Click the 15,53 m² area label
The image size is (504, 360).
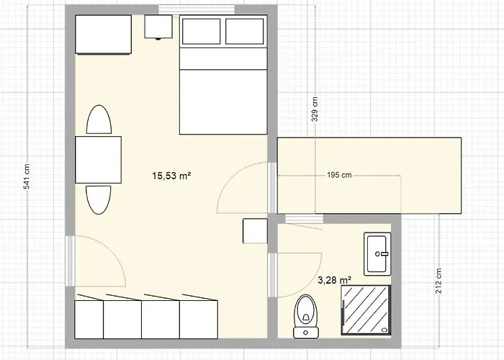tap(171, 175)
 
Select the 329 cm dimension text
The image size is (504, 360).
tap(315, 110)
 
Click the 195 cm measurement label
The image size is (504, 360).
tap(338, 175)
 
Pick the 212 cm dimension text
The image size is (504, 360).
tap(438, 280)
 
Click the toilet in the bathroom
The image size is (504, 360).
tap(305, 315)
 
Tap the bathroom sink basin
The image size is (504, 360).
tap(378, 253)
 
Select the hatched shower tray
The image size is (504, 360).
tap(366, 308)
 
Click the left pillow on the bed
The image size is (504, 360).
tap(201, 32)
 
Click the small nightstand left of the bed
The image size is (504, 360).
tap(158, 27)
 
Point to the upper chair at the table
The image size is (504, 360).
tap(99, 120)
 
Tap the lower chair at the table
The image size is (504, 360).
tap(99, 199)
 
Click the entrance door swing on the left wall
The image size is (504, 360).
tap(97, 261)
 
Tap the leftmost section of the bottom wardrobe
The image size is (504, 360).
tap(89, 318)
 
